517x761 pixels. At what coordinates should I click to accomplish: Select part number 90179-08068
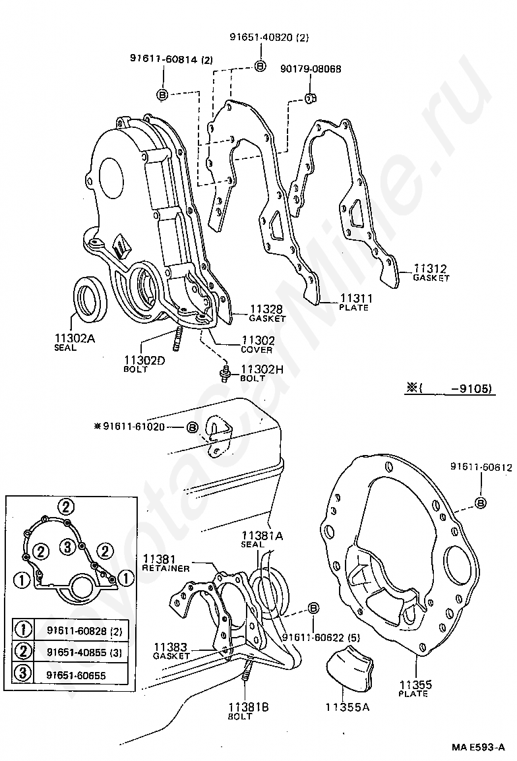point(311,69)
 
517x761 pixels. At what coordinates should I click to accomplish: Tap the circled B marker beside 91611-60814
point(163,94)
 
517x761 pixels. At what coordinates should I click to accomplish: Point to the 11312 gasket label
point(431,269)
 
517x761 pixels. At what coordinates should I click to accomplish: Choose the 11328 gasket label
point(266,309)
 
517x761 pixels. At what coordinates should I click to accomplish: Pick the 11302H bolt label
point(262,370)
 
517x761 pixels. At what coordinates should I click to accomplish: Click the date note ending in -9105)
point(448,389)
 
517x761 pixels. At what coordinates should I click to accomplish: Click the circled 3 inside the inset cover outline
point(66,545)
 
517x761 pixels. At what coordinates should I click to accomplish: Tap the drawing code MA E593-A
point(478,747)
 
